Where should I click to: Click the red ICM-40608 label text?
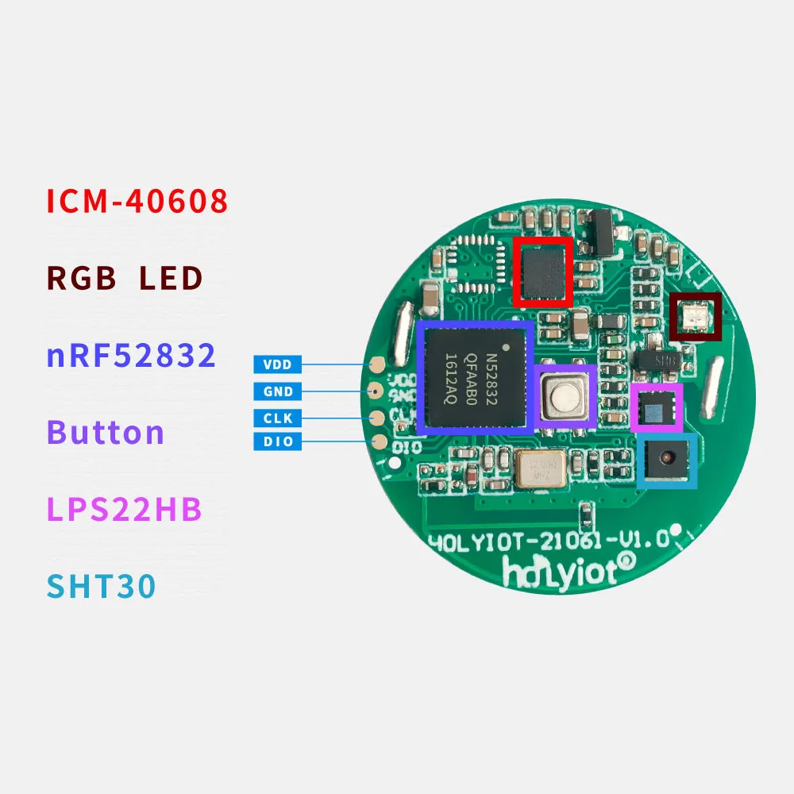[x=137, y=202]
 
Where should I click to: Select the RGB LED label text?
[x=125, y=279]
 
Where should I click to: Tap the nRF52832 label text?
[x=131, y=356]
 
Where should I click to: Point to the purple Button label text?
[x=106, y=433]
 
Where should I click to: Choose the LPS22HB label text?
[x=125, y=510]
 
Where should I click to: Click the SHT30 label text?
[x=101, y=587]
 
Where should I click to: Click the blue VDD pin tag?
[x=278, y=365]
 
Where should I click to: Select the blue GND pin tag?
[x=278, y=391]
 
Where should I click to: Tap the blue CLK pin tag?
[x=278, y=418]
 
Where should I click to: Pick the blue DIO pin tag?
[x=278, y=441]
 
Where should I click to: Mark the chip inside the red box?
[x=543, y=272]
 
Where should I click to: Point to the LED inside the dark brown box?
[x=695, y=317]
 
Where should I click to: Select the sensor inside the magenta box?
[x=657, y=408]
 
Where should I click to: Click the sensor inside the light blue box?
[x=667, y=460]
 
